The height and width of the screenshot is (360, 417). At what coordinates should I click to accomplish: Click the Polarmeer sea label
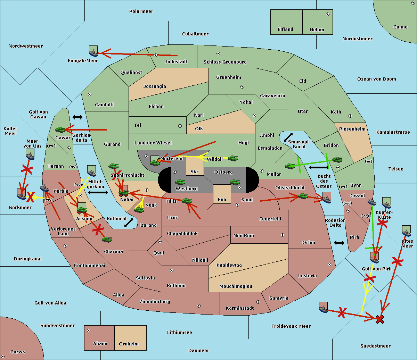tap(141, 11)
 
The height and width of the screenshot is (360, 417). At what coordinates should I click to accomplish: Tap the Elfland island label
tap(285, 30)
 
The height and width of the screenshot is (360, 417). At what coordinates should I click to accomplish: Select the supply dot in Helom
tap(328, 14)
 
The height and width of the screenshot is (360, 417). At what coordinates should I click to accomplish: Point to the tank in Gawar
tap(60, 129)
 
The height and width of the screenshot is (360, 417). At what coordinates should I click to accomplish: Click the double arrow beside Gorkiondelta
tap(77, 117)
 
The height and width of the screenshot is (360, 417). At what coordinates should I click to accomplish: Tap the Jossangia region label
tap(155, 86)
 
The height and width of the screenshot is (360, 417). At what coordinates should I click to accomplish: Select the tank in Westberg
tap(180, 182)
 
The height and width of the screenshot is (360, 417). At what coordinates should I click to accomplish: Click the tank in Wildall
tap(233, 158)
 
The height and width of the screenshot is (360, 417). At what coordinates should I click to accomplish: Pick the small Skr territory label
tap(195, 171)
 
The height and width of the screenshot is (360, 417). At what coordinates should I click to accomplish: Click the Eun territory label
tap(222, 200)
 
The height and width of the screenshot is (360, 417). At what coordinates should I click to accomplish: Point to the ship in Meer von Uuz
tap(30, 156)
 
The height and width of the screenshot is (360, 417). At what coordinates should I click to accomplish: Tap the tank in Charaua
tap(107, 240)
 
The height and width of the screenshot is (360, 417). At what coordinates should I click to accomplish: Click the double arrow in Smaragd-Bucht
tap(288, 137)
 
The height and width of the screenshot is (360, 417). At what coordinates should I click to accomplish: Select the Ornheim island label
tap(129, 344)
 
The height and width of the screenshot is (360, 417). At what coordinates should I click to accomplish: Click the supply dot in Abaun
tap(89, 330)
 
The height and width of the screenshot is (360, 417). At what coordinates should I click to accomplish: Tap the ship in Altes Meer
tap(406, 233)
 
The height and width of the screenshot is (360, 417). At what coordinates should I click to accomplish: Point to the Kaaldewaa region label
tap(229, 265)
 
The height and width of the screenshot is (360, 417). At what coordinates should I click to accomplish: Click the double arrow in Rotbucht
tap(129, 223)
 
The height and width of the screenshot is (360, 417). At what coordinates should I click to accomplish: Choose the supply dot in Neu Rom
tap(283, 235)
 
